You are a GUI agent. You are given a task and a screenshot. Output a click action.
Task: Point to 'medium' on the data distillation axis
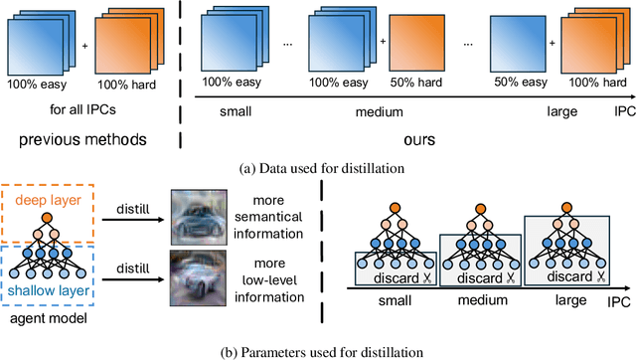(367, 111)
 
